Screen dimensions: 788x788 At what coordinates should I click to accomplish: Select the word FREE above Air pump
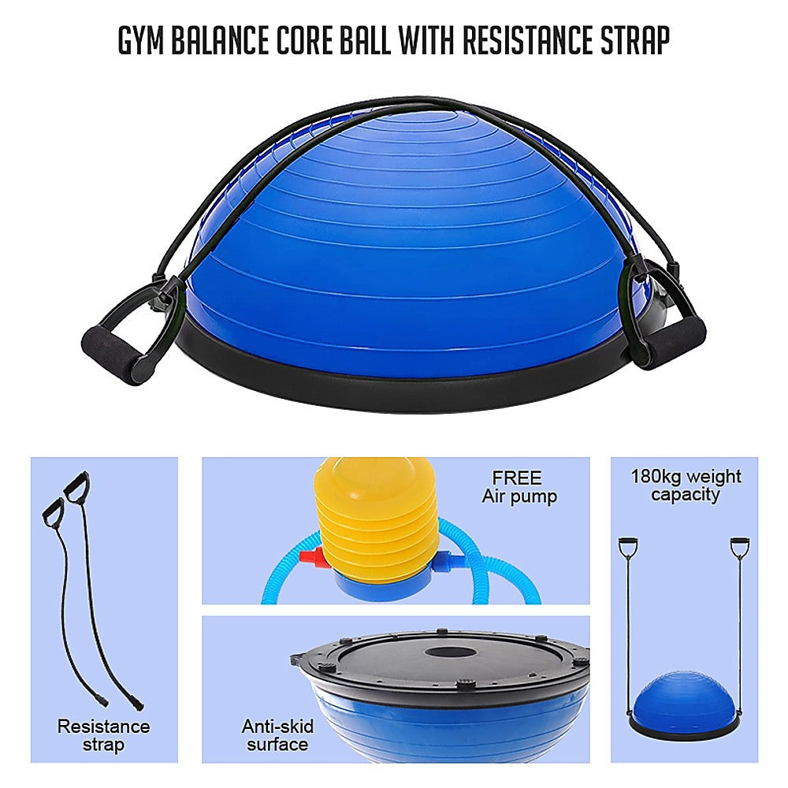(517, 478)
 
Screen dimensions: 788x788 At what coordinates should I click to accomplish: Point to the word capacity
(685, 495)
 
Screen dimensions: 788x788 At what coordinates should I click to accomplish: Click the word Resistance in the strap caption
(103, 727)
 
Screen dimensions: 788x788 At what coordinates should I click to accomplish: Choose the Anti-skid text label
(277, 727)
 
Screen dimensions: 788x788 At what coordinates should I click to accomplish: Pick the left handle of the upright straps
(629, 548)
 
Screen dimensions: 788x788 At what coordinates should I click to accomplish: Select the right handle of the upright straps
(740, 548)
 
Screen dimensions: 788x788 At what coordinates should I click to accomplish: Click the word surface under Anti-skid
(277, 745)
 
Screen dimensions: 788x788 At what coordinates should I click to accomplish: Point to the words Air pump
(519, 496)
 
